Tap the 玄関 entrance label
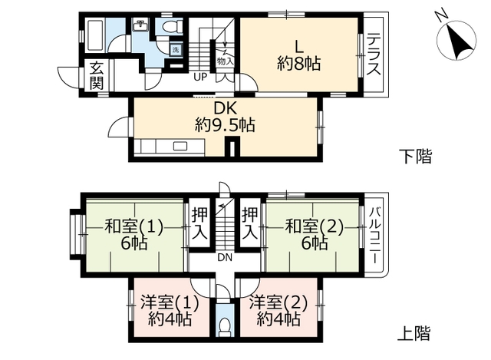pos(96,75)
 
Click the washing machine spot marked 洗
pos(176,50)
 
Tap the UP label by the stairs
pos(199,77)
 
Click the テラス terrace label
pos(374,55)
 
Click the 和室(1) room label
pos(135,226)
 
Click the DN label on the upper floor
pos(225,258)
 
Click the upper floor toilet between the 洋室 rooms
pos(225,326)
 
